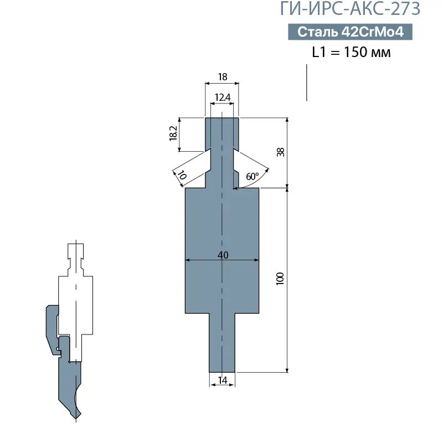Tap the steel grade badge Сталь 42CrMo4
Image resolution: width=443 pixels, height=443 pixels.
(350, 32)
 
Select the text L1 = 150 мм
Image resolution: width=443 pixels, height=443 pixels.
(351, 53)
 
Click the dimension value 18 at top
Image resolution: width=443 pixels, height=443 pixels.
(223, 78)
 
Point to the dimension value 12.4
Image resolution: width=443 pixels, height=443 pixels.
(222, 97)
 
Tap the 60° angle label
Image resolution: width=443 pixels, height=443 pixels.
(252, 177)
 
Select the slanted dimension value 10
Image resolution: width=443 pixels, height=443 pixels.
(181, 176)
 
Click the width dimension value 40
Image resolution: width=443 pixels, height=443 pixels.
(222, 255)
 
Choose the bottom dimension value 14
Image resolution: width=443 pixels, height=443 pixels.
(223, 380)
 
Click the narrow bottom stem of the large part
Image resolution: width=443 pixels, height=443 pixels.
(222, 343)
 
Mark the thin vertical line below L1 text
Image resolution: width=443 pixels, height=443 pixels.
(306, 83)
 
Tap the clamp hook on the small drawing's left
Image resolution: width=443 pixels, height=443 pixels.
(50, 327)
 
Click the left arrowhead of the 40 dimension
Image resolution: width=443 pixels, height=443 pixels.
(187, 259)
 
